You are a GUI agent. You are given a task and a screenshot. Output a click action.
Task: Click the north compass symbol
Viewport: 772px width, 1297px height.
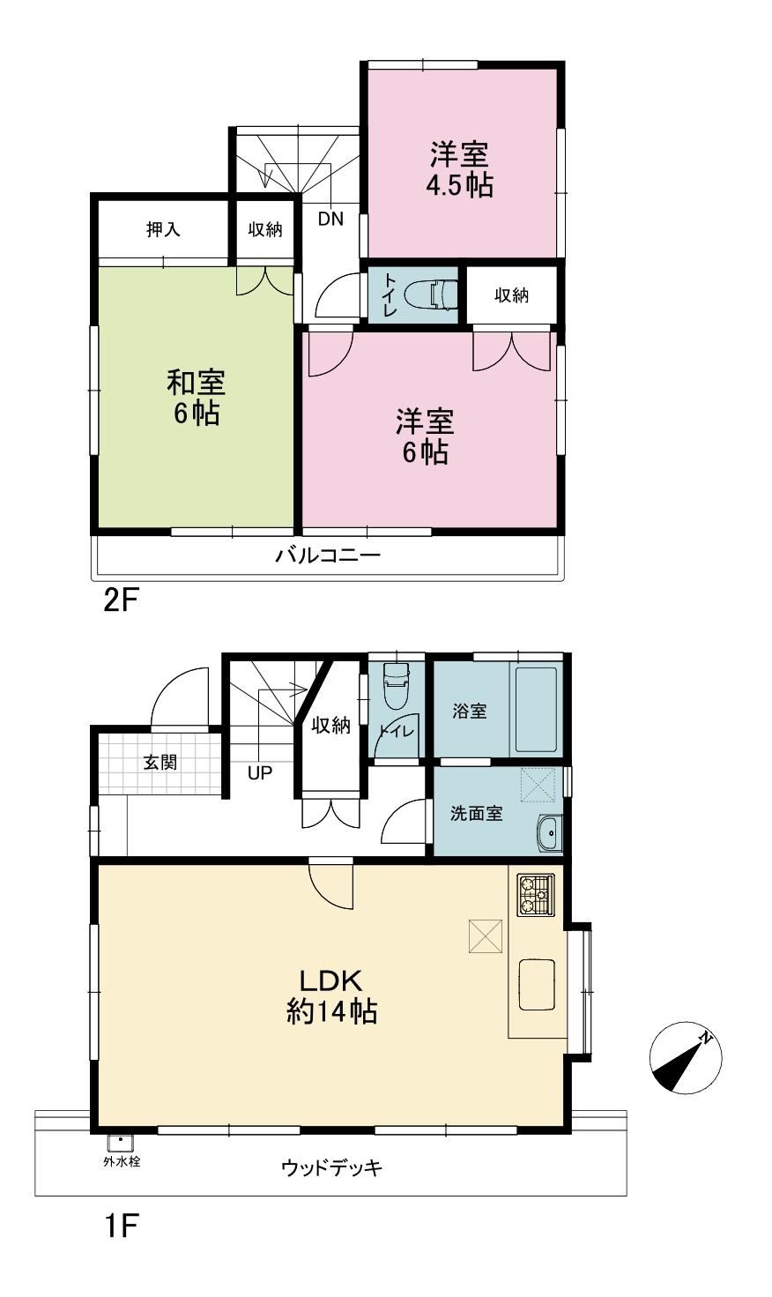click(x=685, y=1057)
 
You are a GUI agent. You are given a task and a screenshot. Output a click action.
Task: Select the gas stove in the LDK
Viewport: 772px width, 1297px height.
click(x=536, y=895)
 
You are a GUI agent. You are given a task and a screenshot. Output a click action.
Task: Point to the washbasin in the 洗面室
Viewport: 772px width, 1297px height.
click(x=550, y=834)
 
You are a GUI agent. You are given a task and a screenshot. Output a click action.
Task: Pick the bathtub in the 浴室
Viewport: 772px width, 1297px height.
click(x=535, y=710)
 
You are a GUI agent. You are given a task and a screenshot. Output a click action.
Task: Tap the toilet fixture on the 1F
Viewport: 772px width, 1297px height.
click(x=397, y=687)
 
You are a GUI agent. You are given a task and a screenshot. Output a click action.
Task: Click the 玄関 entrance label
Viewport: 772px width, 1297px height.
click(x=160, y=763)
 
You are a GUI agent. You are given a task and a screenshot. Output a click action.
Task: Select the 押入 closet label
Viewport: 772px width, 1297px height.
click(x=163, y=230)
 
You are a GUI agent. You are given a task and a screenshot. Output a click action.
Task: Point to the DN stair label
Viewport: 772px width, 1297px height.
click(x=331, y=219)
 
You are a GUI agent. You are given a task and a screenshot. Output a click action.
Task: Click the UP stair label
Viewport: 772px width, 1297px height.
click(x=260, y=772)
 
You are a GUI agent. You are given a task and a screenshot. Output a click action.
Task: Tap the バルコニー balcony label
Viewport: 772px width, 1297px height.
click(x=328, y=555)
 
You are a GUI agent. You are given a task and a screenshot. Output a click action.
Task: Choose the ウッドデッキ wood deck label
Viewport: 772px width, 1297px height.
click(x=332, y=1168)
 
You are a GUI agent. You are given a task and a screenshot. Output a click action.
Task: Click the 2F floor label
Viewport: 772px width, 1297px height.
click(x=122, y=601)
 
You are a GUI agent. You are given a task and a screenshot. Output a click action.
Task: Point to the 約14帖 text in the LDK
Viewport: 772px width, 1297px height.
click(x=331, y=1012)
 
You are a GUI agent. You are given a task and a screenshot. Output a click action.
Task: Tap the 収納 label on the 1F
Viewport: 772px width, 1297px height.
click(x=331, y=725)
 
